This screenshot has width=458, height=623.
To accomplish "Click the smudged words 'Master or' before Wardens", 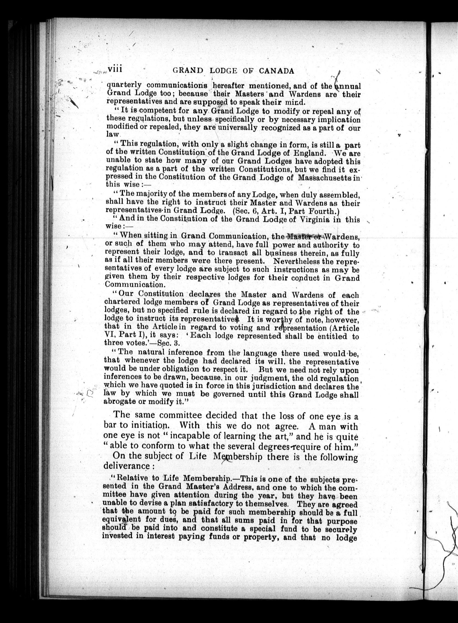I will coord(304,236).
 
